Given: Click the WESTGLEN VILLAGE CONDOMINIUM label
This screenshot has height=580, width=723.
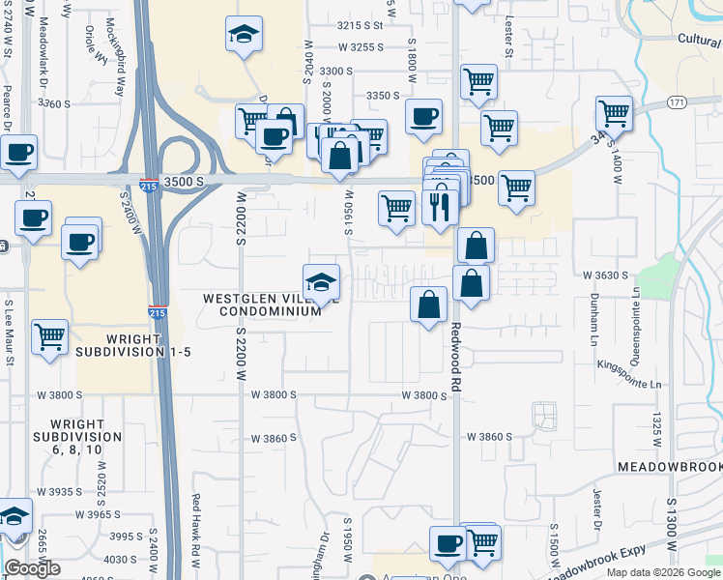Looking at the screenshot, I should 261,304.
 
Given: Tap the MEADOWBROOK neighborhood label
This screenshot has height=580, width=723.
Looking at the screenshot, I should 669,466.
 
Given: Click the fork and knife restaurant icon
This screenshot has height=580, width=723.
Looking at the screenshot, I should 440,206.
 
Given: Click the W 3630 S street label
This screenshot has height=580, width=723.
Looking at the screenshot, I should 605,275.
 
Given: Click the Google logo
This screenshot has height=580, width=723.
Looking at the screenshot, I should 32,568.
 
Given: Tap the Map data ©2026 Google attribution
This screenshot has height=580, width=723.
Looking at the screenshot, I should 662,572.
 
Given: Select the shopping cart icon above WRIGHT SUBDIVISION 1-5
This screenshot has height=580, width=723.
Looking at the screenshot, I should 49,337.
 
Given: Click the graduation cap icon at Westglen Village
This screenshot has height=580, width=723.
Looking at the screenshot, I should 322,282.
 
